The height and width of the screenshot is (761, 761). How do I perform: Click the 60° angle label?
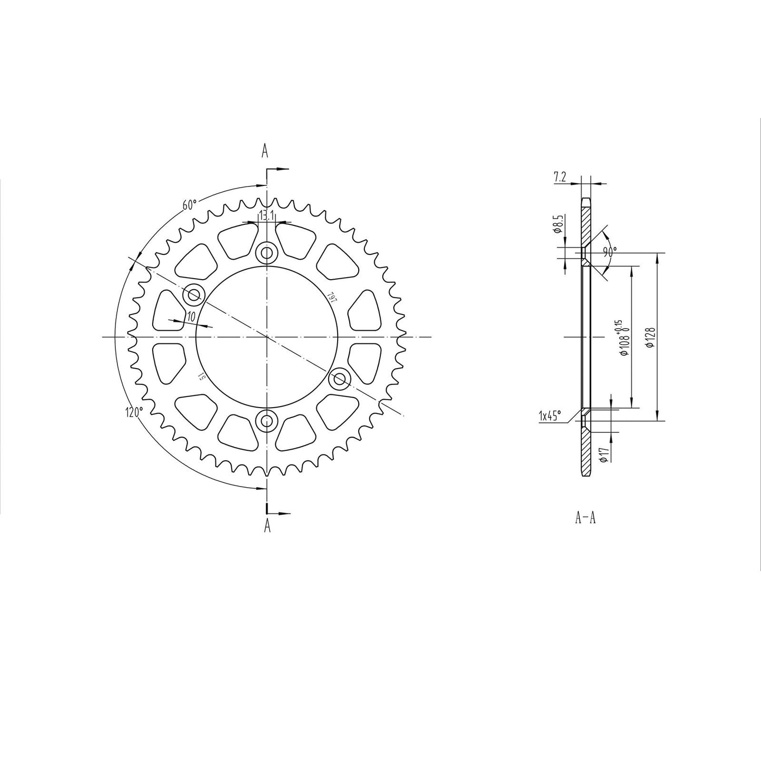(x=190, y=204)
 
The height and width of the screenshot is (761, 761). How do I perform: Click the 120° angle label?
(x=134, y=412)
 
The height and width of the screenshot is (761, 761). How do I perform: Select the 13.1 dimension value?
(x=266, y=215)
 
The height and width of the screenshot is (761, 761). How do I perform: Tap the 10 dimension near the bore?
(x=191, y=316)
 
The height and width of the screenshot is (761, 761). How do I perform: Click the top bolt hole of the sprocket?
(x=267, y=254)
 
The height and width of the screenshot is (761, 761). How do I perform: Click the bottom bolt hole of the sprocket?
(x=267, y=420)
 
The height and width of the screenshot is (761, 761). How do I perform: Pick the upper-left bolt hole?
(x=193, y=295)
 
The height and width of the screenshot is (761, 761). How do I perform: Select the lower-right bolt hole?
(x=340, y=378)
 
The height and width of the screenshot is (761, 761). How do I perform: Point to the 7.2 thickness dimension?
(x=560, y=178)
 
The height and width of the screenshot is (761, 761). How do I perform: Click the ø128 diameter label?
(x=650, y=337)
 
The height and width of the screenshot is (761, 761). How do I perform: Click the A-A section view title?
(x=585, y=518)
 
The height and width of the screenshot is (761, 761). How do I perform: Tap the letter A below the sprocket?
(x=267, y=525)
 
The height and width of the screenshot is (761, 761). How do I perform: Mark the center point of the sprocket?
(x=267, y=337)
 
